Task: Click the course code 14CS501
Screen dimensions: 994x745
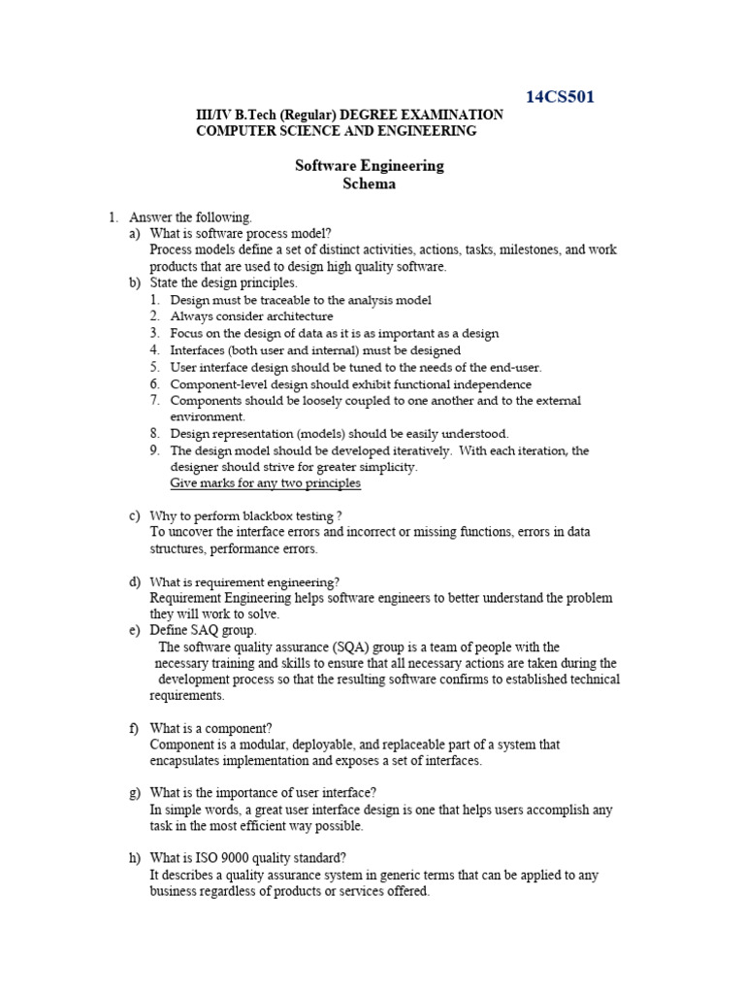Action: tap(560, 96)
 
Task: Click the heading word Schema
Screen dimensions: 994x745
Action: tap(369, 183)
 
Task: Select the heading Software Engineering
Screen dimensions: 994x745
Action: tap(369, 165)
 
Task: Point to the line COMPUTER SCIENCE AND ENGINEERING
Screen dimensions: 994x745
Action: tap(336, 131)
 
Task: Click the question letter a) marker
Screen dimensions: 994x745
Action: tap(134, 234)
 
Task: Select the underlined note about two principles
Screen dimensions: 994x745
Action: tap(265, 483)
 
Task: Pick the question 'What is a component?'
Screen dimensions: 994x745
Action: tap(211, 728)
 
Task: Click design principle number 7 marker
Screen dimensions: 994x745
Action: tap(154, 400)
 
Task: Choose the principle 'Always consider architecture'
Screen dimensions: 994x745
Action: tap(251, 316)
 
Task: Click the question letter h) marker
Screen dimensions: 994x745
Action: tap(134, 858)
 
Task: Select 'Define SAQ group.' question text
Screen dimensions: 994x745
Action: tap(203, 630)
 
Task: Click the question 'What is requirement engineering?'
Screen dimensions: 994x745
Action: tap(244, 581)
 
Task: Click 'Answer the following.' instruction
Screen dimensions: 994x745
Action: tap(190, 217)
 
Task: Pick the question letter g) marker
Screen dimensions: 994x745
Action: tap(134, 793)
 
